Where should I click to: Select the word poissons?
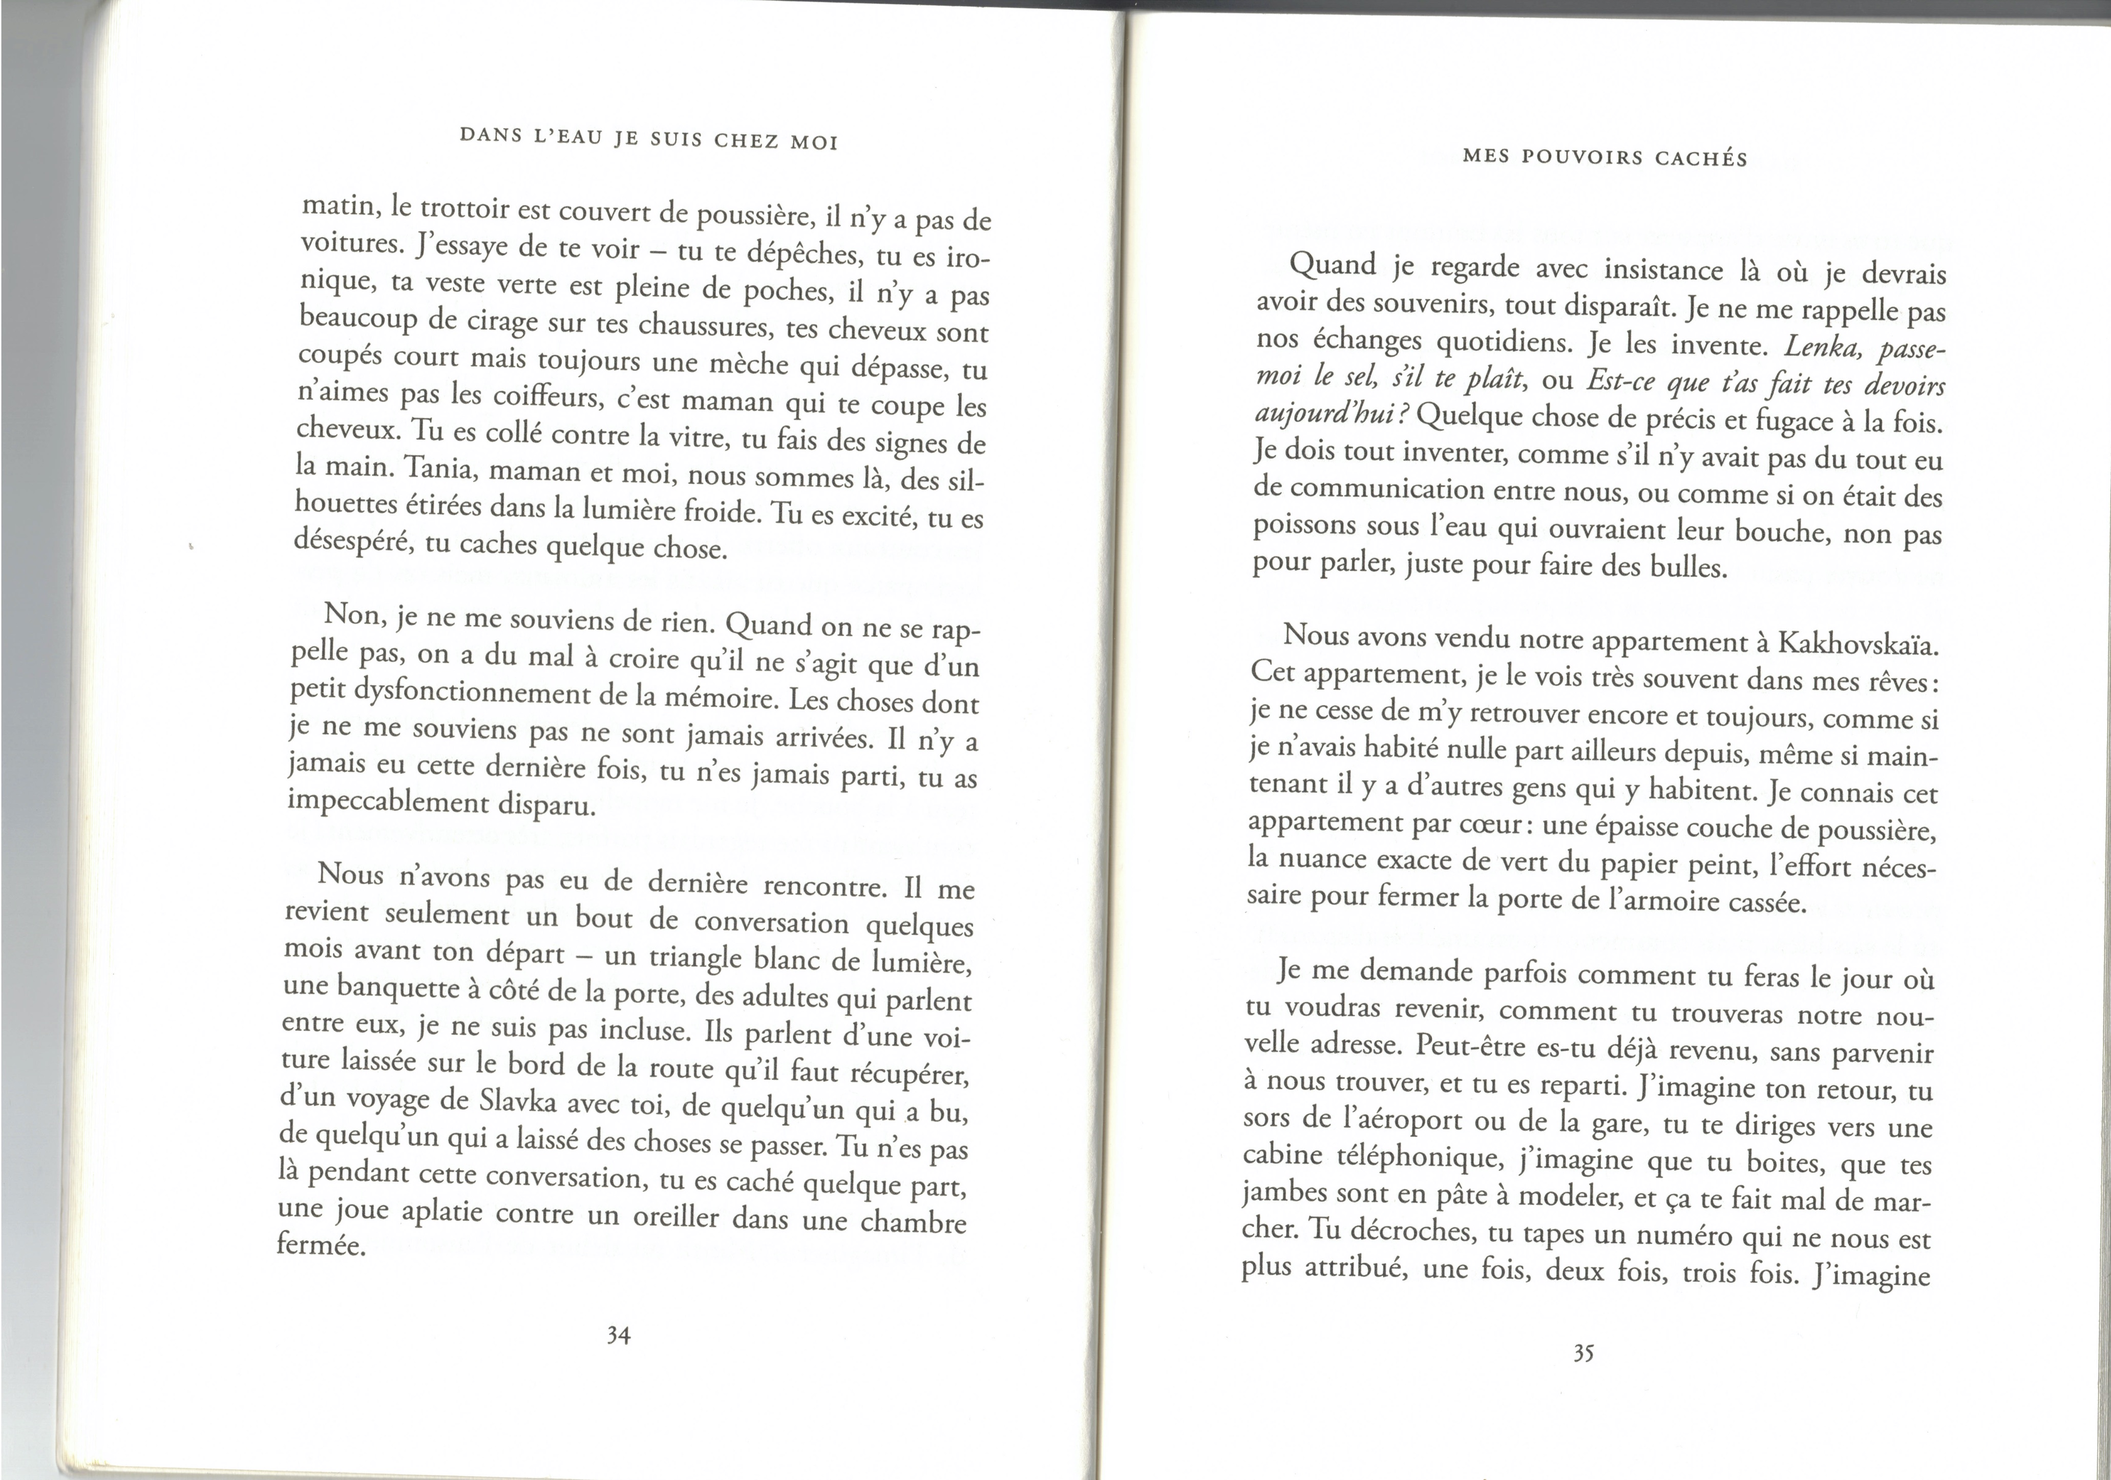tap(1305, 525)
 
